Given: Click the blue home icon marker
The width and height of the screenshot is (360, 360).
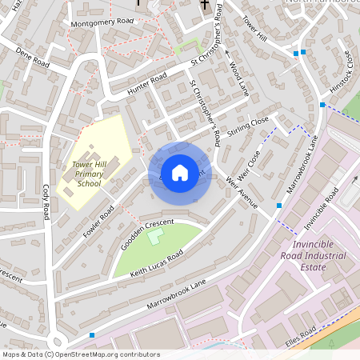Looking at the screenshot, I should [180, 172].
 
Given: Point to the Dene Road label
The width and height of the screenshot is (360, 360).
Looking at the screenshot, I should [33, 58].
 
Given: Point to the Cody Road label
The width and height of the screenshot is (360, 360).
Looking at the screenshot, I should [46, 201].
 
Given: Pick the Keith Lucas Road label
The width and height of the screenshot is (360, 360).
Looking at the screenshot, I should [158, 262].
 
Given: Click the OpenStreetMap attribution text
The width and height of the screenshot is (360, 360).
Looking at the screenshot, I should [81, 354].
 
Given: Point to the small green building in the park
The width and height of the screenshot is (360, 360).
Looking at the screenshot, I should [155, 237].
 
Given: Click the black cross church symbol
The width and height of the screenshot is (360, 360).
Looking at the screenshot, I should [205, 6].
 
